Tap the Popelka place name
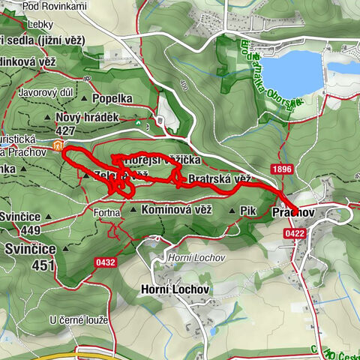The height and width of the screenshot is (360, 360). pyautogui.click(x=112, y=98)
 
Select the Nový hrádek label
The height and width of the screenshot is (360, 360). pyautogui.click(x=87, y=118)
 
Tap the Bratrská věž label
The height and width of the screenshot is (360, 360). pyautogui.click(x=218, y=179)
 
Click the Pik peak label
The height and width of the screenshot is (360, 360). pyautogui.click(x=248, y=211)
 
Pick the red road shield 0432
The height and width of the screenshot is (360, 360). pyautogui.click(x=106, y=262)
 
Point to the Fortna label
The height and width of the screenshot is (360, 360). pyautogui.click(x=107, y=213)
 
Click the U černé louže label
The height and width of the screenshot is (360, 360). pyautogui.click(x=79, y=320)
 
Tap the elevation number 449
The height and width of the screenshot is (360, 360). pyautogui.click(x=30, y=230)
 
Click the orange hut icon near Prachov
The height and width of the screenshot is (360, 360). pyautogui.click(x=58, y=145)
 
